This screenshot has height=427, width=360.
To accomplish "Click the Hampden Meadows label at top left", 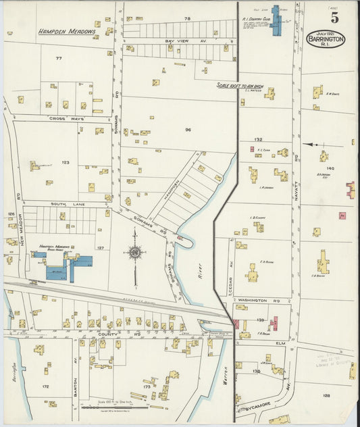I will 66,31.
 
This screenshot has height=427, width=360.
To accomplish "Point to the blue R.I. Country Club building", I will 276,21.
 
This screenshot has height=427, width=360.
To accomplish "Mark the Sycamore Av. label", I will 253,407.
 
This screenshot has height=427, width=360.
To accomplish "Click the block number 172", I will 45,386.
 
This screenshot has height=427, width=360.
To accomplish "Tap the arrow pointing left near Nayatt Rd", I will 313,144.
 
